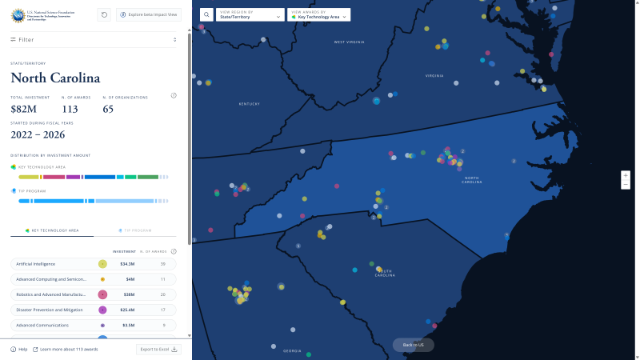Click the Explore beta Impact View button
click(148, 14)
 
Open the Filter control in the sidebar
click(26, 39)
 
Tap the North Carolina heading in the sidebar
click(55, 78)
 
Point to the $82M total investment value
click(23, 109)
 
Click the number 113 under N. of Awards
click(70, 109)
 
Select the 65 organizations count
click(108, 109)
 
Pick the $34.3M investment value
click(127, 263)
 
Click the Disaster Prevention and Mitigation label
click(50, 310)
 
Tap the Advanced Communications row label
click(42, 326)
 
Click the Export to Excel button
click(159, 349)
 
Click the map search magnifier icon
click(206, 14)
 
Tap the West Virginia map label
click(350, 42)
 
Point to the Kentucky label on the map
click(250, 104)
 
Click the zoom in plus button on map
click(626, 174)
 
